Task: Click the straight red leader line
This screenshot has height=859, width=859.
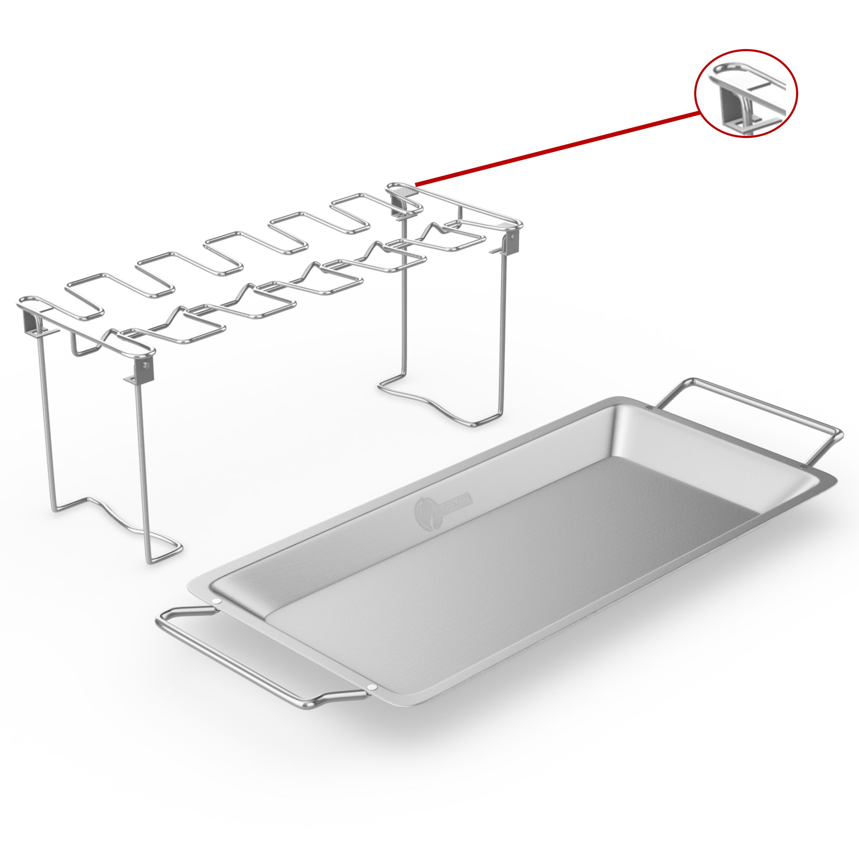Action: click(x=556, y=149)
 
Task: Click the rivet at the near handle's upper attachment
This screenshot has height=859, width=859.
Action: click(x=216, y=601)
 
